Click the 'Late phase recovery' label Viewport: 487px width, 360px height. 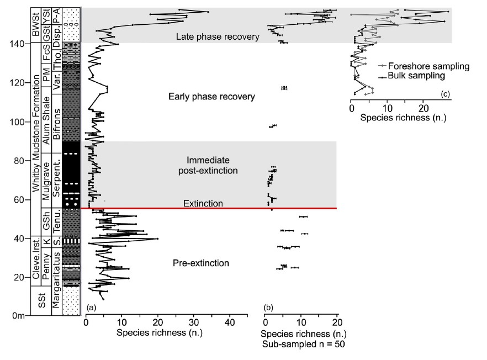click(217, 37)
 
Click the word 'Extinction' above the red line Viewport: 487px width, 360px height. click(203, 204)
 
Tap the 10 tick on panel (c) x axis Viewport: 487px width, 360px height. click(387, 109)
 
